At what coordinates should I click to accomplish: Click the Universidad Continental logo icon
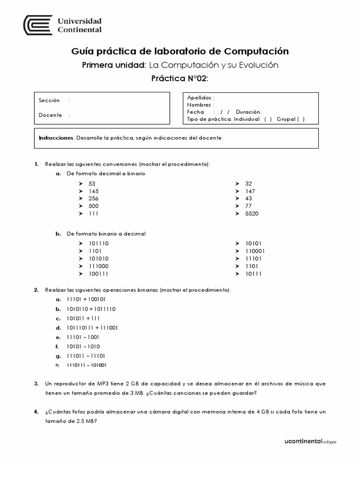tap(37, 25)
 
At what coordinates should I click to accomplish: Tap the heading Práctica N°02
tap(180, 78)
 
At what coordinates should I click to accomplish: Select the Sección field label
tap(49, 100)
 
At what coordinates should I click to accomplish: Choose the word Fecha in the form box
tap(195, 112)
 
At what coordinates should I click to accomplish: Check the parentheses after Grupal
tap(300, 119)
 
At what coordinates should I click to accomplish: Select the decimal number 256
tap(93, 199)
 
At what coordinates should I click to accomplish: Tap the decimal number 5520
tap(252, 214)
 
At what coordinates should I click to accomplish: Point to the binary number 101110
tap(98, 244)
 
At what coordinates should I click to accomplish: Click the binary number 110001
tap(255, 251)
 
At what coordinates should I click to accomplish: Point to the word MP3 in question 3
tap(94, 384)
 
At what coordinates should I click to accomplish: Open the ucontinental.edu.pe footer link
tap(310, 442)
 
